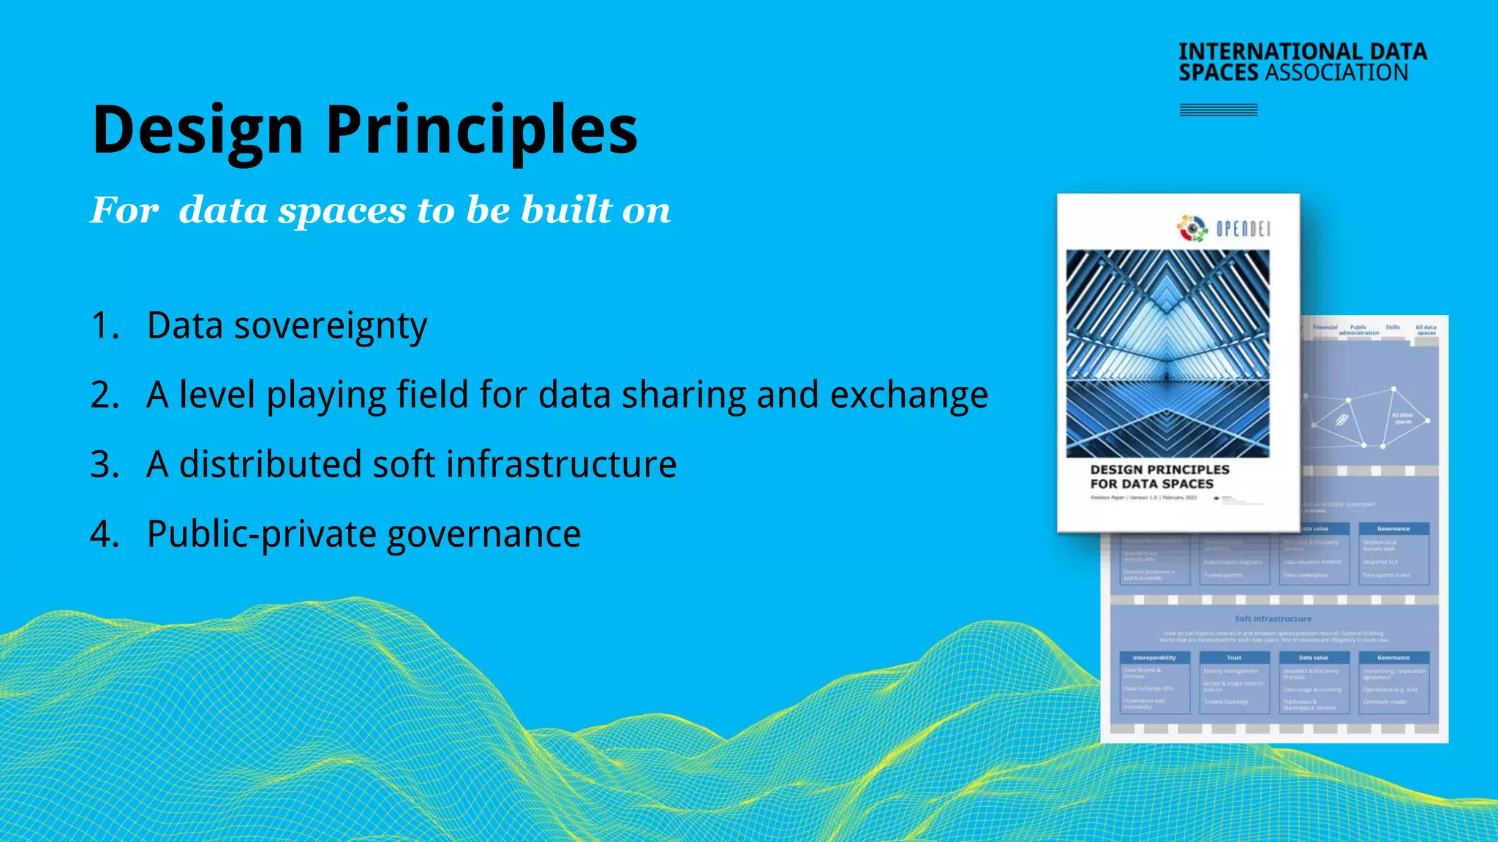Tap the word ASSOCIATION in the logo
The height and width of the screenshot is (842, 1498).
[x=1336, y=72]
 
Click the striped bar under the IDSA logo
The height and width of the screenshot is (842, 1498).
[x=1218, y=110]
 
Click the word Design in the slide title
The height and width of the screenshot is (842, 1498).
[x=197, y=130]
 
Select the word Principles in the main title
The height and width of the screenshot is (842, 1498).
[x=481, y=130]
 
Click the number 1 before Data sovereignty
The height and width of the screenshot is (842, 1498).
[x=102, y=325]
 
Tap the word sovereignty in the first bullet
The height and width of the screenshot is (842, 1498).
[x=330, y=326]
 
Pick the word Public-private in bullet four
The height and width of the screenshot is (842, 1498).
[x=261, y=534]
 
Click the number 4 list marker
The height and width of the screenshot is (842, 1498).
[x=103, y=534]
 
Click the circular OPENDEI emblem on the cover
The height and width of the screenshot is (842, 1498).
[x=1192, y=229]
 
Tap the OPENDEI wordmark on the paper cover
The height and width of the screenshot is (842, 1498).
[x=1243, y=229]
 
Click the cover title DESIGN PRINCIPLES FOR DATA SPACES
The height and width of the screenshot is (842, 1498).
[x=1159, y=477]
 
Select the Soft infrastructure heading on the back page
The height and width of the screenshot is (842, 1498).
[x=1273, y=618]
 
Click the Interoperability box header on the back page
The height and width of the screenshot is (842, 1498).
[x=1154, y=658]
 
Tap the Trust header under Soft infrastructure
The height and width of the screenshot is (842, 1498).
[x=1234, y=658]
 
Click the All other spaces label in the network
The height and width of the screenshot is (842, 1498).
[x=1402, y=418]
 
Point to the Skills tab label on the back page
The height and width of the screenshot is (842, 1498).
[x=1392, y=327]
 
